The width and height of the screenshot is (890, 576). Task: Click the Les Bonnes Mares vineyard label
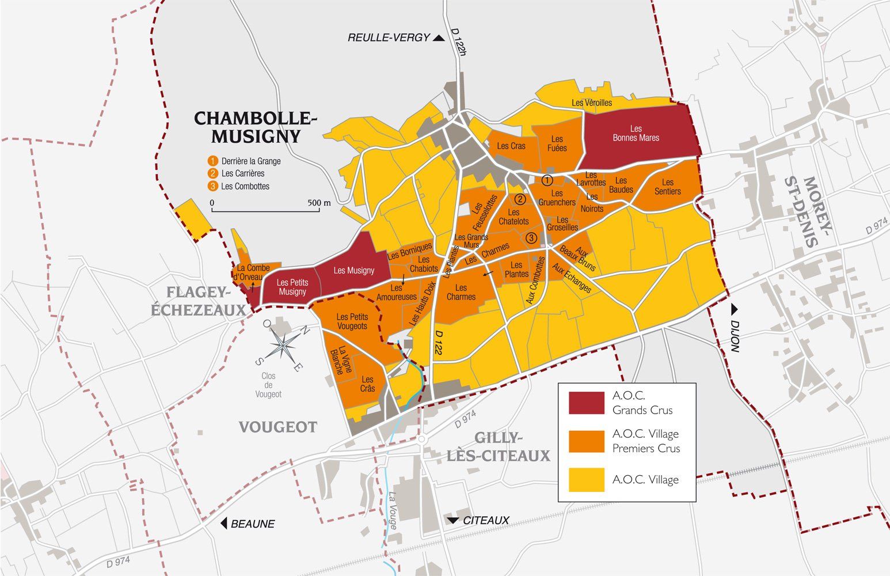[x=636, y=133]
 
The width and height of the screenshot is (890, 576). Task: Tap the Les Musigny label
[x=353, y=270]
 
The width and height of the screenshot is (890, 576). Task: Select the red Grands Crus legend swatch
[x=586, y=403]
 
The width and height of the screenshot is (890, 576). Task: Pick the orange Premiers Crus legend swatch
[x=586, y=441]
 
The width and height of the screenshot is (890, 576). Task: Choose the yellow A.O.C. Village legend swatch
[x=586, y=479]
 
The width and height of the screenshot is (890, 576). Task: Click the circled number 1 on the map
[x=547, y=180]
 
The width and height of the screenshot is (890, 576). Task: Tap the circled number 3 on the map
[x=531, y=237]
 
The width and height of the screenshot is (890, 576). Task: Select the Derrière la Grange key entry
[x=250, y=161]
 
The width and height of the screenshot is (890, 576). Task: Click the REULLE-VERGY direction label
[x=389, y=38]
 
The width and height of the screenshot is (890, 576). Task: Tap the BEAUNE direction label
[x=252, y=524]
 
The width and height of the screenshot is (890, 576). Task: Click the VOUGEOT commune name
[x=278, y=427]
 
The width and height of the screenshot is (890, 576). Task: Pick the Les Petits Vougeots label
[x=352, y=321]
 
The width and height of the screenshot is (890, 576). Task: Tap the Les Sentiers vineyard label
[x=667, y=187]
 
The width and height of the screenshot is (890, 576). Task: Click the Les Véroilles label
[x=592, y=103]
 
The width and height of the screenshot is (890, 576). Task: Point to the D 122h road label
[x=458, y=42]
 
